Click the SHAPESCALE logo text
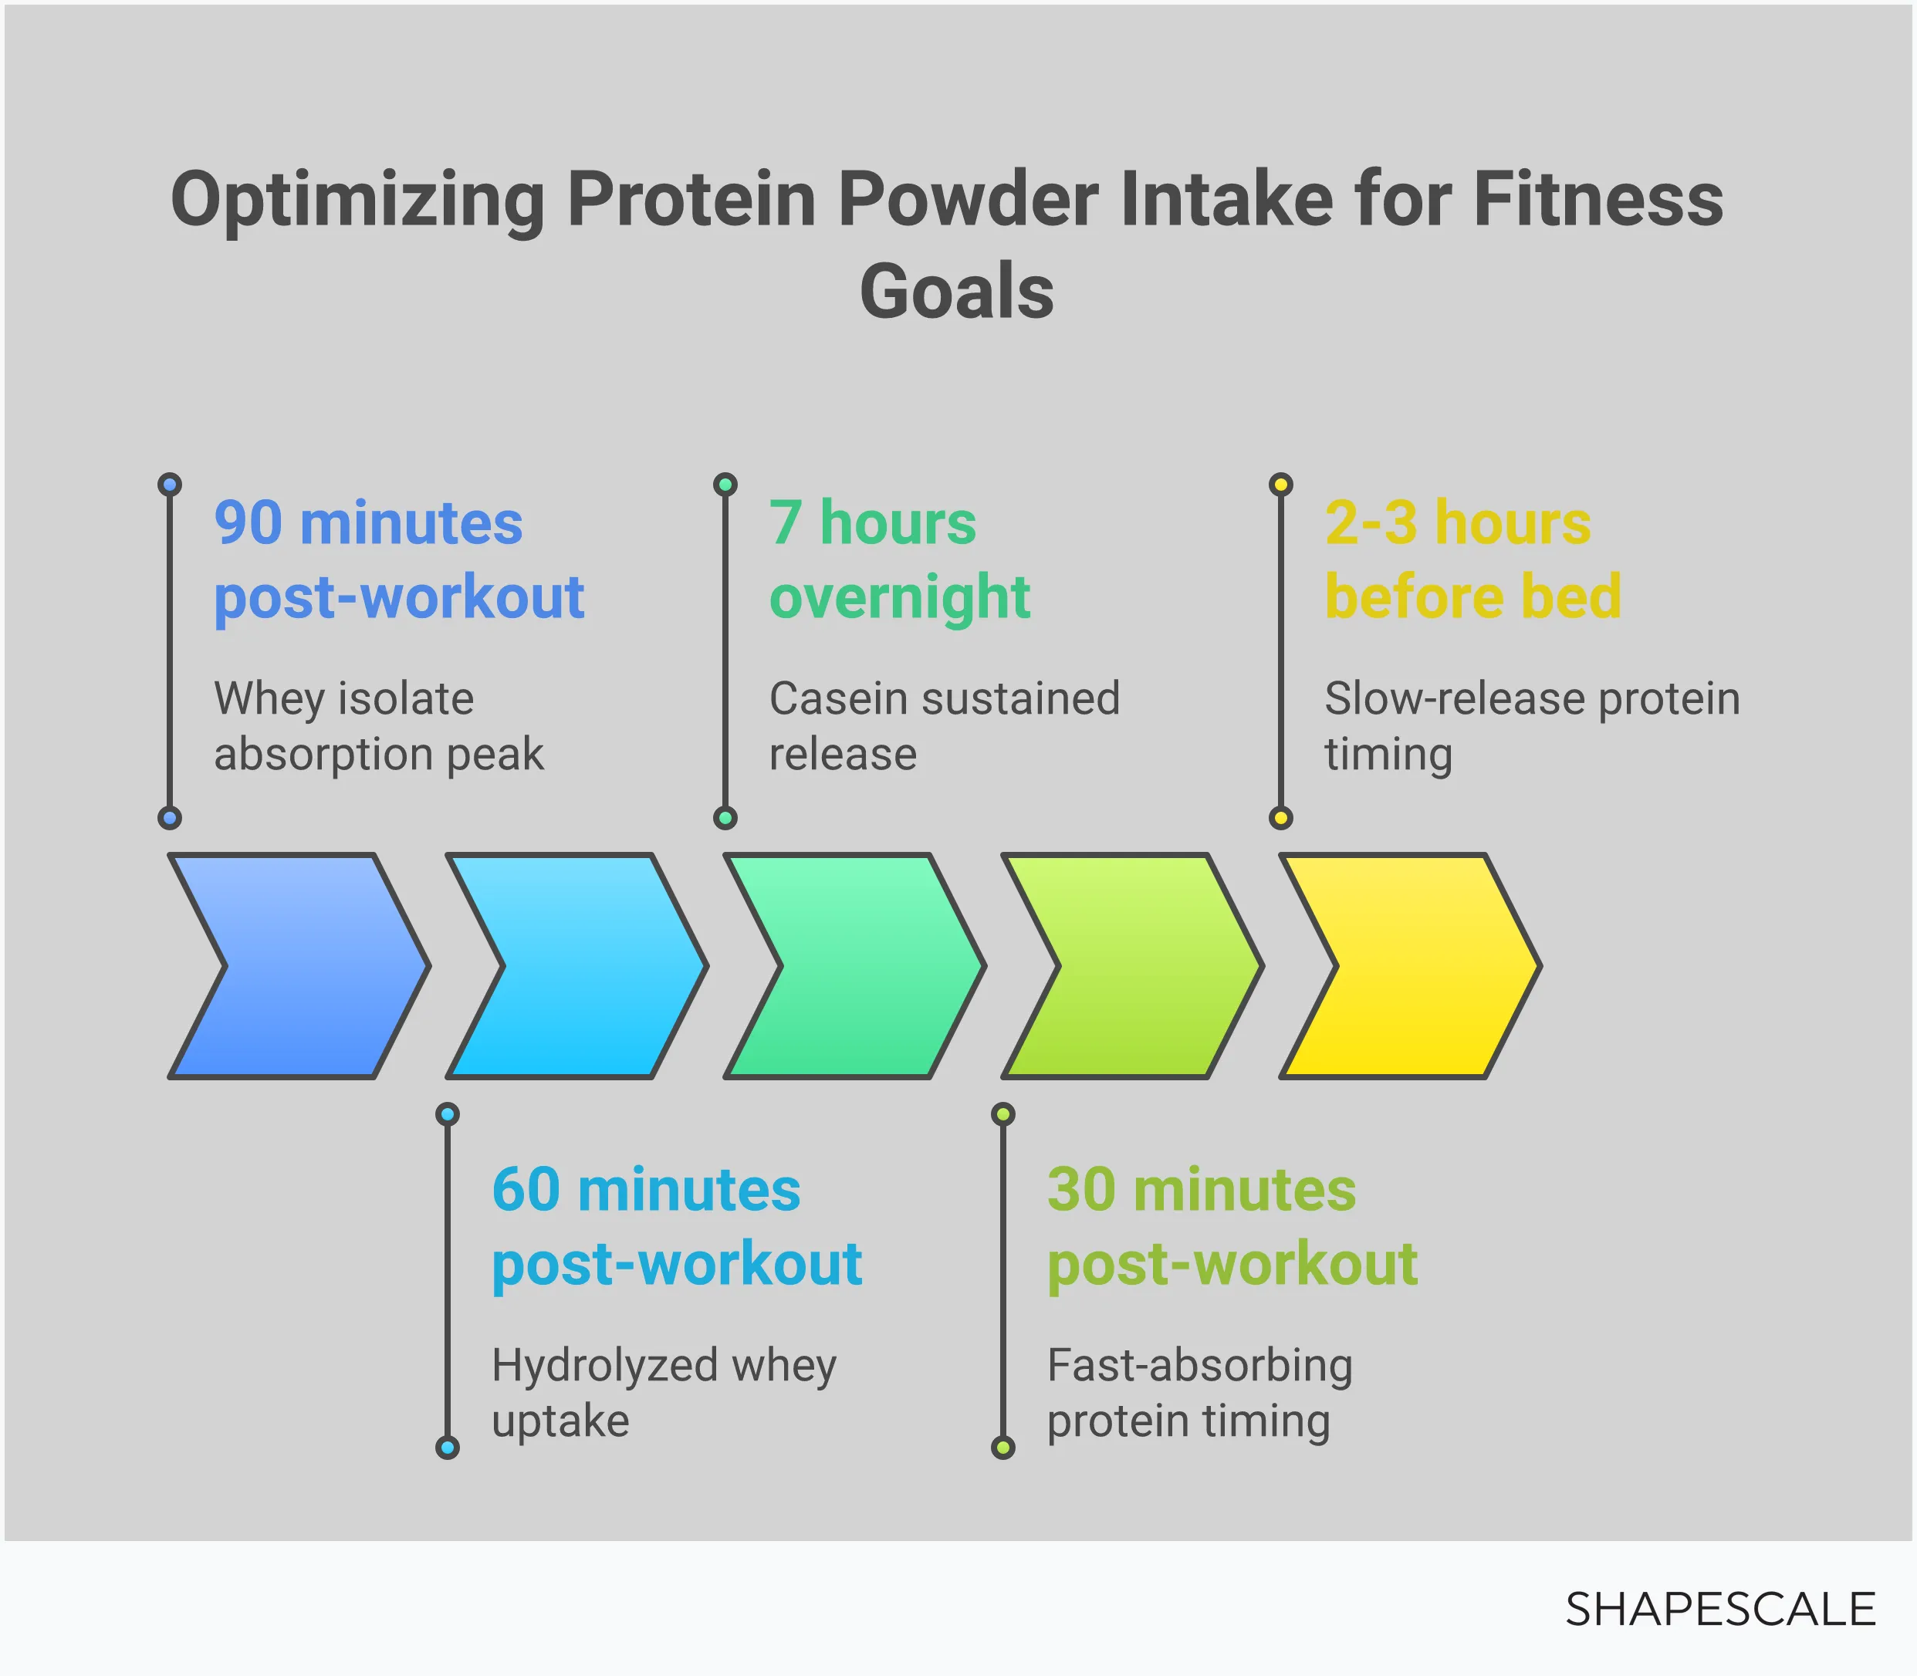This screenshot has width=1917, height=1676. coord(1719,1610)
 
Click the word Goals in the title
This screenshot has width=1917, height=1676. coord(956,291)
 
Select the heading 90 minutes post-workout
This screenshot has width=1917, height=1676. coord(398,559)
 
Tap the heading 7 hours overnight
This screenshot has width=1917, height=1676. coord(898,559)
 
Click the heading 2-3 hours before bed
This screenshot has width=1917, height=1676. coord(1472,559)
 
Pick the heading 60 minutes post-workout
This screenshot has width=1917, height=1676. coord(675,1226)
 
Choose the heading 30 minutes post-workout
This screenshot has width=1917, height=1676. coord(1231,1226)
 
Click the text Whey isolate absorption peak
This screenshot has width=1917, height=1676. coord(378,726)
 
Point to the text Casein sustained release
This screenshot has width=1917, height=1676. coord(943,726)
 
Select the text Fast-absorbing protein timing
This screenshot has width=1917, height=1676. coord(1199,1393)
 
